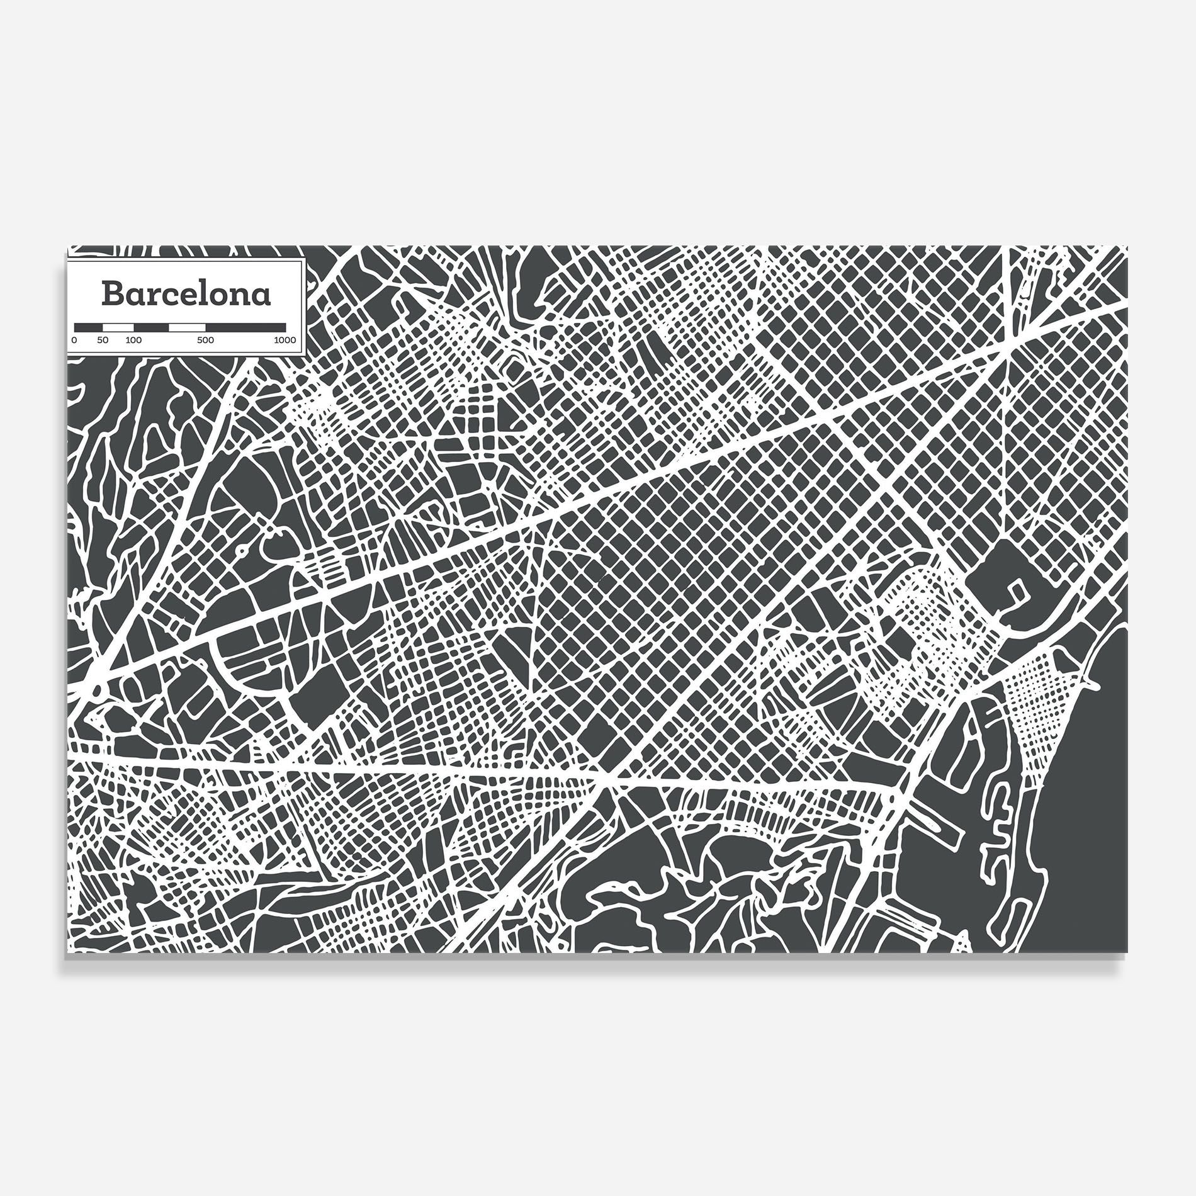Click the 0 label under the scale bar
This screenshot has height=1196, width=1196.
[x=74, y=341]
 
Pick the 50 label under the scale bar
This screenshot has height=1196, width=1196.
[x=103, y=341]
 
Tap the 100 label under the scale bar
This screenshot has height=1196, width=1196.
[x=133, y=341]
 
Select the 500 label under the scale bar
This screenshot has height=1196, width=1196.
[x=205, y=341]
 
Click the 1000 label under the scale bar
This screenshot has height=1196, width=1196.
[x=285, y=341]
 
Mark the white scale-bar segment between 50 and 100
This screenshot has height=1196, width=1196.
[x=118, y=327]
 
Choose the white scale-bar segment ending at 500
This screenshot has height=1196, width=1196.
[x=187, y=327]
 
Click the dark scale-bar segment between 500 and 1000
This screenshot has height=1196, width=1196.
[x=245, y=327]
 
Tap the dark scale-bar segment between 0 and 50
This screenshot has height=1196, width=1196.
[x=89, y=327]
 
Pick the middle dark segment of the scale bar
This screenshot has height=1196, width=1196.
[x=151, y=327]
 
